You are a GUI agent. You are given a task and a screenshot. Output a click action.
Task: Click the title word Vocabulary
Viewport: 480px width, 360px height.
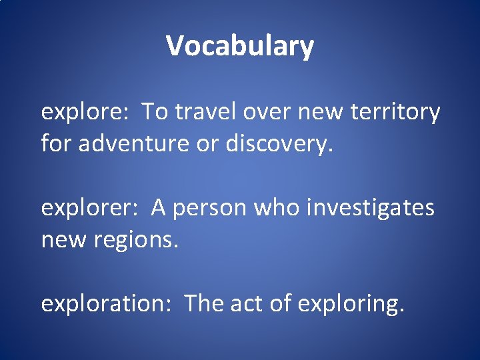point(239,46)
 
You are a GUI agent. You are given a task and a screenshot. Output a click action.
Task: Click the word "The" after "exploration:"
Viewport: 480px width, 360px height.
point(204,303)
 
